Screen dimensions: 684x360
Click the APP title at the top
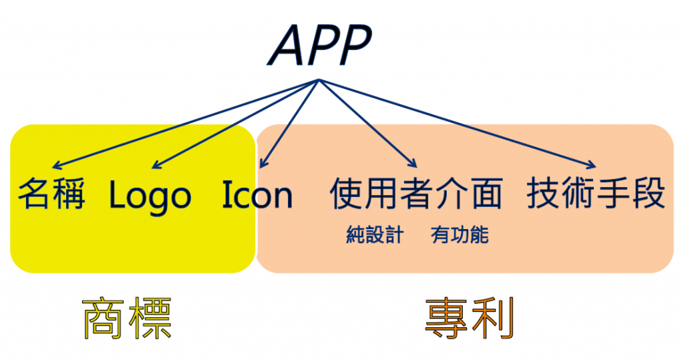320,45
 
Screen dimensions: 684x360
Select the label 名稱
51,194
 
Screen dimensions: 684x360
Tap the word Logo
150,196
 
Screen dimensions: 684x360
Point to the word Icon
257,194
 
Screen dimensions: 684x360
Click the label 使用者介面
417,193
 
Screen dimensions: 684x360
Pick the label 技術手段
596,193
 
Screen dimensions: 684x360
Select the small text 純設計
375,234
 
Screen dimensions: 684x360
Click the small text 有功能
460,234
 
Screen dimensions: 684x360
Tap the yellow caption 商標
127,318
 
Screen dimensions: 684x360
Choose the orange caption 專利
470,318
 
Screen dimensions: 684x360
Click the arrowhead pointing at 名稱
55,166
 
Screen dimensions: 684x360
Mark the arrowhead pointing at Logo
155,165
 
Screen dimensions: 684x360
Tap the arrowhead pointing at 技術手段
592,165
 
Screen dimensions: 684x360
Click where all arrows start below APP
319,79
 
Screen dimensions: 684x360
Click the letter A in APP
287,45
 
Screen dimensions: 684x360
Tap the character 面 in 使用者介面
486,193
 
